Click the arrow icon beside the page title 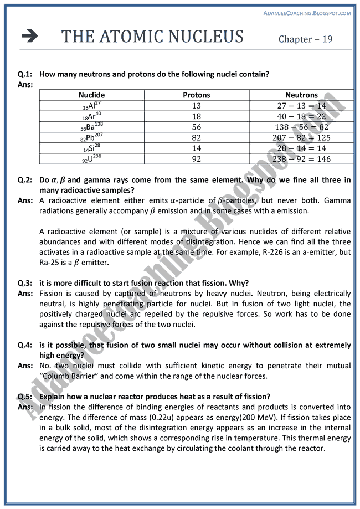tap(30, 37)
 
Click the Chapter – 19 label tap(306, 39)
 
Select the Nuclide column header tap(91, 95)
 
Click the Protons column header tap(197, 95)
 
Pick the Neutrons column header tap(301, 95)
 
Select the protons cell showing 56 tap(197, 127)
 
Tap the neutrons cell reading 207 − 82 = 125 tap(301, 137)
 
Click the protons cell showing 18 tap(197, 116)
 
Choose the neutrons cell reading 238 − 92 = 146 tap(301, 158)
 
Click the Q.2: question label tap(25, 180)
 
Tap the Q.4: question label tap(25, 345)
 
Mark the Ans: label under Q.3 tap(25, 294)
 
